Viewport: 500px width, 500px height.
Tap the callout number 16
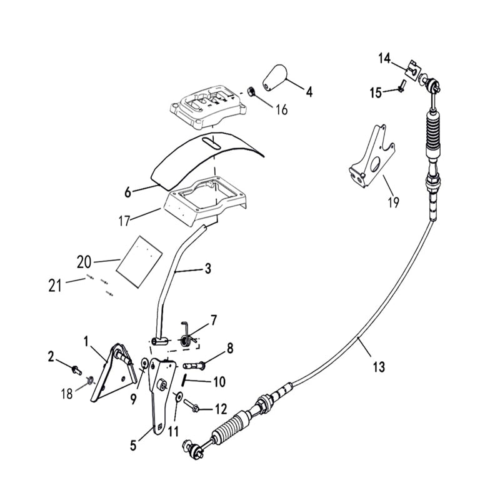(281, 111)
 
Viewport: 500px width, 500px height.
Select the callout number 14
(384, 58)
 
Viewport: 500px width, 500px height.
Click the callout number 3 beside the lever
(207, 269)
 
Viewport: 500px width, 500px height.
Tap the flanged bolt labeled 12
(192, 408)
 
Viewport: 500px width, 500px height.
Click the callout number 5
(132, 446)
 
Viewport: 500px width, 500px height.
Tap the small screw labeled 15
(399, 90)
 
